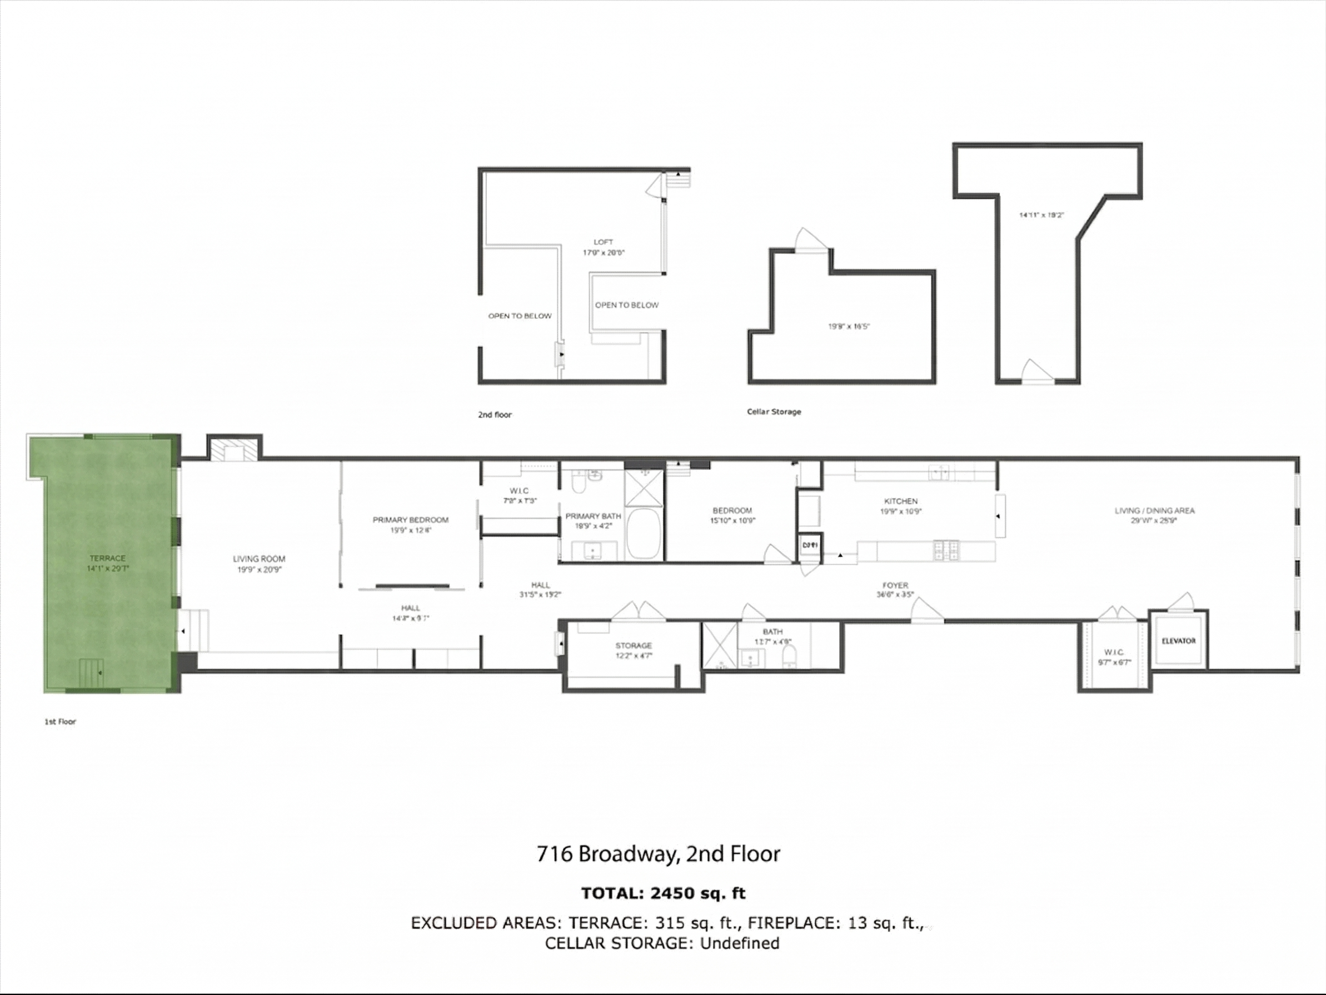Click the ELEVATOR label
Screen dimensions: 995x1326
pos(1178,641)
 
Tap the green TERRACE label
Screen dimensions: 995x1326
pos(108,559)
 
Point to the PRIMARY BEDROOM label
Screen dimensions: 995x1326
pos(411,520)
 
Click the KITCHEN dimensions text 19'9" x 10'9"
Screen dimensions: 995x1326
pos(900,511)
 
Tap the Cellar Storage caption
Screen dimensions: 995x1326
pos(774,411)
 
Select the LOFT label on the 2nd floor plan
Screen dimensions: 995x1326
pos(603,242)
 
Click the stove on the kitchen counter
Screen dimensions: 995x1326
pos(946,550)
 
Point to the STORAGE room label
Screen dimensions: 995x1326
pos(633,646)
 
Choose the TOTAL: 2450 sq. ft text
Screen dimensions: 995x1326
pos(663,893)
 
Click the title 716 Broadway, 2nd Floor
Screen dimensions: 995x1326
pos(658,853)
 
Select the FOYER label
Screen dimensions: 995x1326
pos(895,585)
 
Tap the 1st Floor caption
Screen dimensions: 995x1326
pos(60,722)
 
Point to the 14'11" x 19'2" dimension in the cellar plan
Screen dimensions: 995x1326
pos(1041,215)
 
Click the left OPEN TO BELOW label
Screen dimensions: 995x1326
pos(520,316)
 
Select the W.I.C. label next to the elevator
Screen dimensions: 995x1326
pos(1114,652)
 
